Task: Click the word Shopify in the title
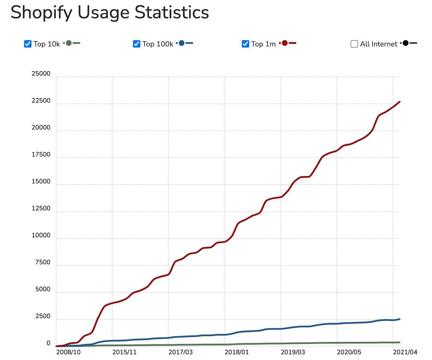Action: point(41,13)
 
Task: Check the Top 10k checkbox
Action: point(28,44)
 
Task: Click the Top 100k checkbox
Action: point(137,44)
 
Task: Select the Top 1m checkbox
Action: point(246,44)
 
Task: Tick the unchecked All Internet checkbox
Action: point(354,44)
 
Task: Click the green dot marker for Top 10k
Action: point(69,43)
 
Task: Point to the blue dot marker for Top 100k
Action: point(182,43)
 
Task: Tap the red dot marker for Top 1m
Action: point(285,43)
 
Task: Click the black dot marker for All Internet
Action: point(406,43)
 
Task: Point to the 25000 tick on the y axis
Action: point(41,74)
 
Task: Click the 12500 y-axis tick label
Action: point(41,208)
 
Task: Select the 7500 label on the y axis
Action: point(43,262)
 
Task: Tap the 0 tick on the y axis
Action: point(48,343)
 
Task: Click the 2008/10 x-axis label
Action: point(68,352)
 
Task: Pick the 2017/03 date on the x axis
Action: point(180,352)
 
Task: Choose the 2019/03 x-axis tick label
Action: point(293,352)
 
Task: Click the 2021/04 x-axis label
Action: point(405,352)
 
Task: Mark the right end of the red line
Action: point(400,102)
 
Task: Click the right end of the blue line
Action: point(400,319)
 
